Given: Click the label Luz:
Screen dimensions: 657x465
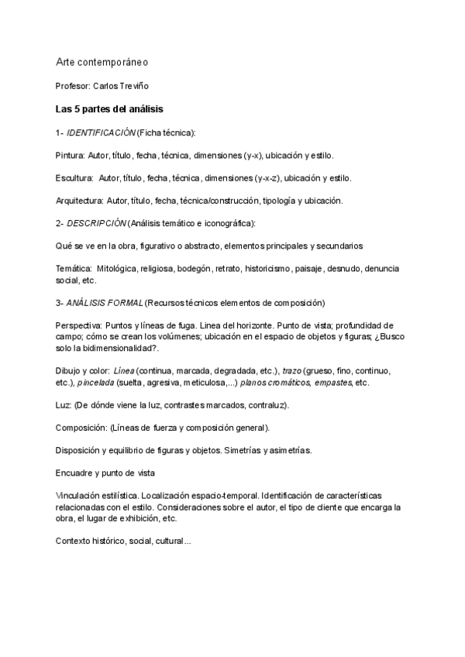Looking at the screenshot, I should pyautogui.click(x=65, y=405).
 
